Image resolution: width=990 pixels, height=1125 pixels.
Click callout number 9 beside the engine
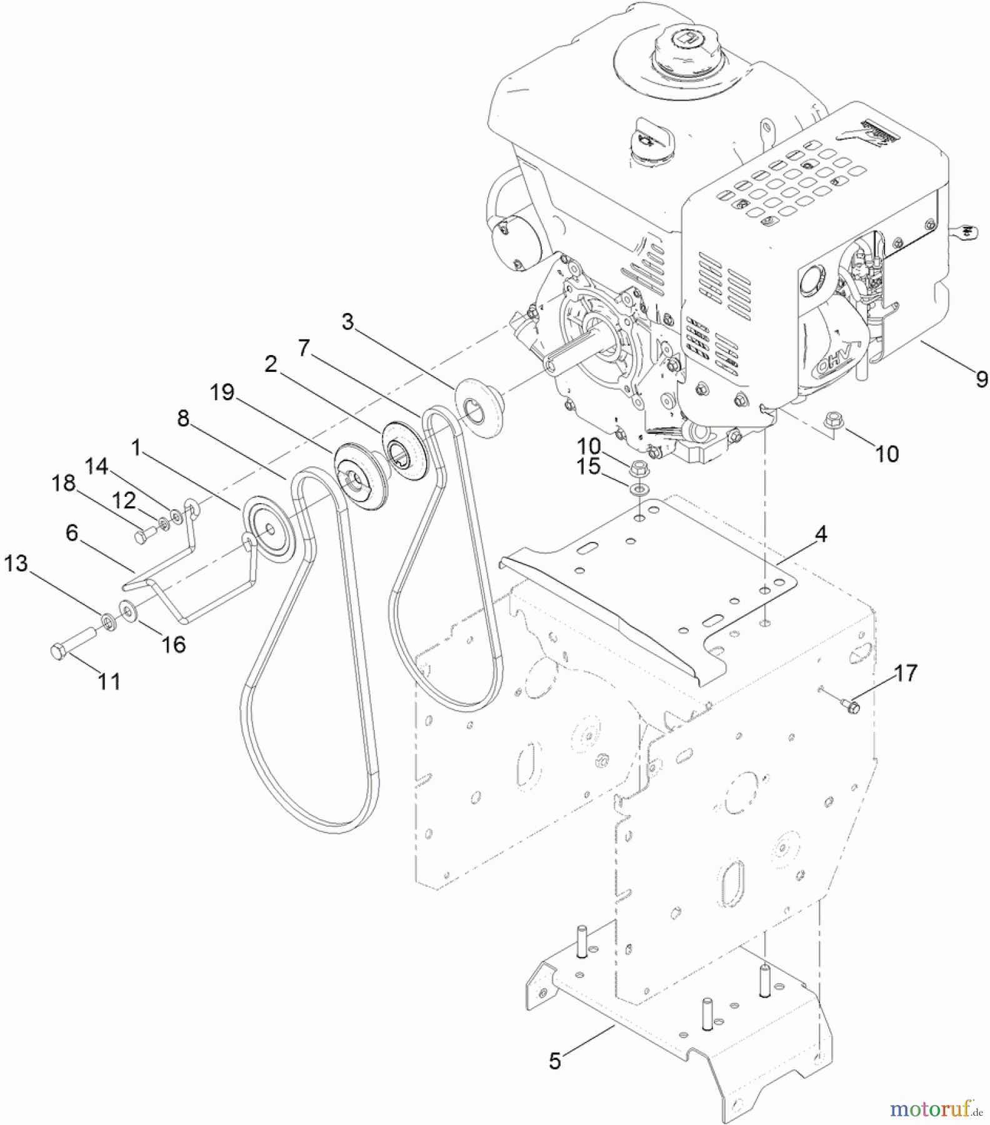pos(981,379)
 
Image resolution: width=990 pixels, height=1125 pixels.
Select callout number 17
pos(906,673)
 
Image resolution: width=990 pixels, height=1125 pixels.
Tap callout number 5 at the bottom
pos(555,1061)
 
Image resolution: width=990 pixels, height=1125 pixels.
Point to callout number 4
pos(821,534)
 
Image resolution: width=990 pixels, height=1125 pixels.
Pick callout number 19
pos(222,392)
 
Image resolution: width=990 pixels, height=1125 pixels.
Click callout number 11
pos(109,681)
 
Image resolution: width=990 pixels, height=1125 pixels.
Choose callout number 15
pos(588,467)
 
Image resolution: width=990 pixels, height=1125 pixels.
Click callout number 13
pos(16,564)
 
